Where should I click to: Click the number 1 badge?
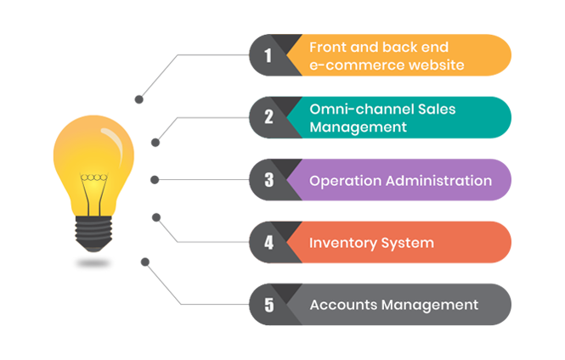tap(268, 55)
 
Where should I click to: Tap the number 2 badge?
tap(268, 117)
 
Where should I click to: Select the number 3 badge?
tap(268, 180)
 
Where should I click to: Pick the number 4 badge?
tap(268, 242)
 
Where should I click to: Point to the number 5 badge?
tap(268, 305)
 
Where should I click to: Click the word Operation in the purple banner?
tap(345, 181)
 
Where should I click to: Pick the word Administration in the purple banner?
tap(438, 180)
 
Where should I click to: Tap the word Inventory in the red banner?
tap(343, 243)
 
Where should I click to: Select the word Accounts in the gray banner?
tap(343, 305)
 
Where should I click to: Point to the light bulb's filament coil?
tap(93, 177)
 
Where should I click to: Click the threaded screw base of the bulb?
tap(93, 233)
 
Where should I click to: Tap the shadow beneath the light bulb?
tap(93, 263)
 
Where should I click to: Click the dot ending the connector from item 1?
tap(138, 99)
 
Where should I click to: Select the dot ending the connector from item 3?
tap(155, 180)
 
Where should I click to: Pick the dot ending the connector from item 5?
tap(145, 262)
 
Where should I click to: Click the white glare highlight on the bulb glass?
tap(114, 141)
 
